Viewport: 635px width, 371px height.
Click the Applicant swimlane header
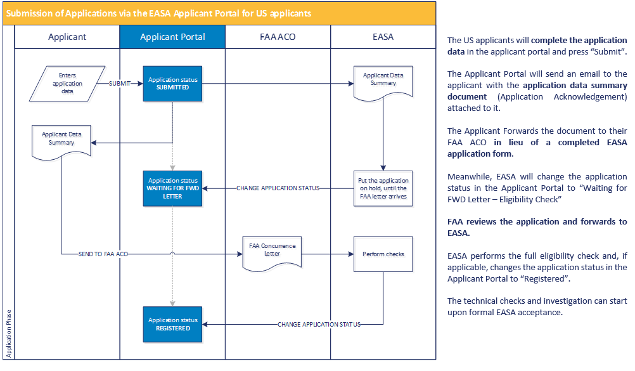(67, 37)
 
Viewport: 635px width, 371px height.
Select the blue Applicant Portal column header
(172, 37)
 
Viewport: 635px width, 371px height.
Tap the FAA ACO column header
(278, 37)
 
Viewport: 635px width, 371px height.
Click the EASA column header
(383, 37)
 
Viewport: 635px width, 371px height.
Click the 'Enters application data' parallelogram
(63, 83)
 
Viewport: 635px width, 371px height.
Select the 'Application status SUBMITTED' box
(173, 83)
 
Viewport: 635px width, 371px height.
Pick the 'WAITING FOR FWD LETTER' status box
(173, 188)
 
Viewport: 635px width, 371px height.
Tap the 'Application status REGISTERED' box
(173, 324)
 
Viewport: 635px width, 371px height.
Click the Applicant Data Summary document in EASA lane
(383, 82)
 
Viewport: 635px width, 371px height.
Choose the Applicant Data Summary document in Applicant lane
(62, 141)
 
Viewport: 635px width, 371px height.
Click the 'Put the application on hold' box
(383, 188)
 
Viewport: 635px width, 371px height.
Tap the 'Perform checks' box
(383, 254)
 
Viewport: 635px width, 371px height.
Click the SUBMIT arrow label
(120, 83)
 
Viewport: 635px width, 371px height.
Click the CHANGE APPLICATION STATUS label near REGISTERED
(319, 324)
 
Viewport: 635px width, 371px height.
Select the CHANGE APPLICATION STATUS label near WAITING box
(278, 188)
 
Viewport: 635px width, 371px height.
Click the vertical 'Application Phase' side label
(8, 333)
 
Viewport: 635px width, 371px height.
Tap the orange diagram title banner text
(158, 13)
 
